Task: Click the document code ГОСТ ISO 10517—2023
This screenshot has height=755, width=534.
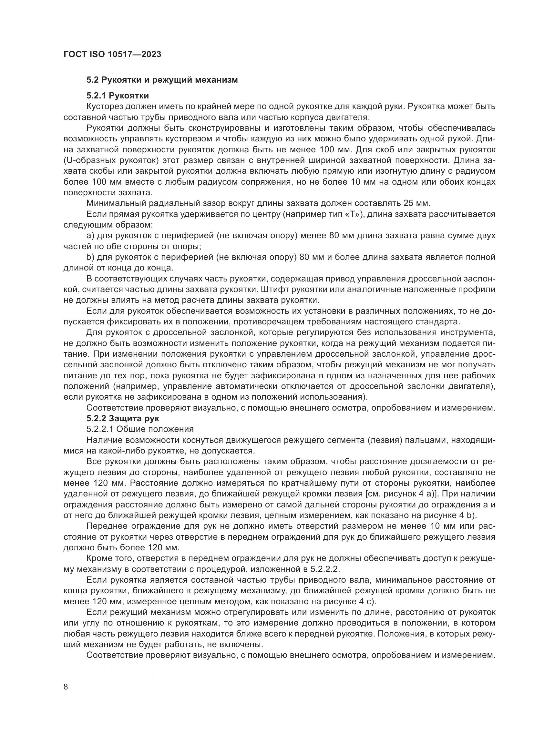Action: pyautogui.click(x=112, y=54)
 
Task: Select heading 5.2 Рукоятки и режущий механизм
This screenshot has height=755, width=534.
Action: pyautogui.click(x=162, y=80)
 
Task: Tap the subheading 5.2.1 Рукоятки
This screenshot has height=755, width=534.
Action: pyautogui.click(x=118, y=96)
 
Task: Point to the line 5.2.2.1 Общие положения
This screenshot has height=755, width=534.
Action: pyautogui.click(x=140, y=429)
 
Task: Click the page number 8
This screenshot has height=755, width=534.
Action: pyautogui.click(x=66, y=678)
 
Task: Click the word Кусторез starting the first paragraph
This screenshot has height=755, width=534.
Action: pyautogui.click(x=106, y=107)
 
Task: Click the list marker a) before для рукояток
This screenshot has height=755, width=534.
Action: pyautogui.click(x=90, y=236)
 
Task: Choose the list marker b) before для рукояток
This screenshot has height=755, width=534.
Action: pyautogui.click(x=90, y=257)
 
